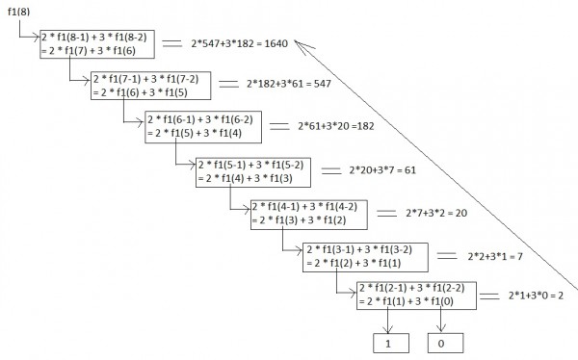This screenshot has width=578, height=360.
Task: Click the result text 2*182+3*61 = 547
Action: (x=291, y=84)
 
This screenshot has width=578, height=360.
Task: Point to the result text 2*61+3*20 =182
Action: (x=345, y=127)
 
